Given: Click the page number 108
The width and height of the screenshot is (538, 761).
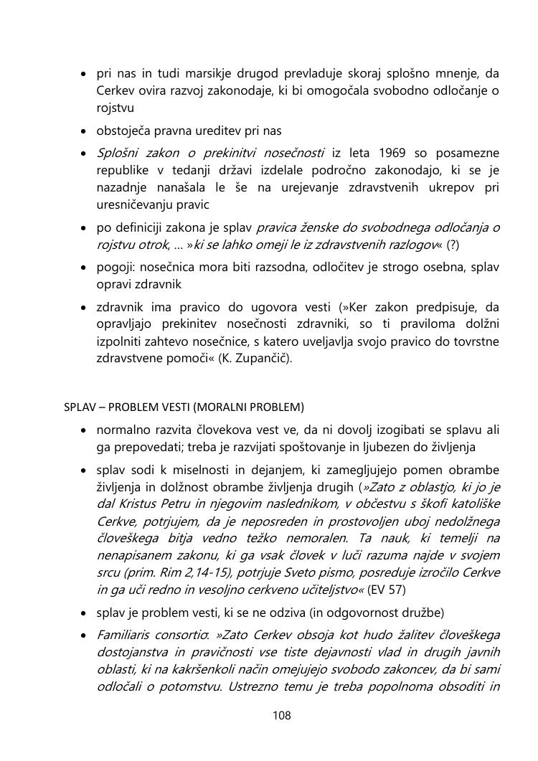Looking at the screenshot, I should click(281, 715).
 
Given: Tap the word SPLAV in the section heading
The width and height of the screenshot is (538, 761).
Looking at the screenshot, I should click(77, 407).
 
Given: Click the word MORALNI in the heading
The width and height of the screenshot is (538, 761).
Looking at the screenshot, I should click(210, 407).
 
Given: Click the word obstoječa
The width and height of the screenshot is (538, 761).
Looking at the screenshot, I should click(125, 131).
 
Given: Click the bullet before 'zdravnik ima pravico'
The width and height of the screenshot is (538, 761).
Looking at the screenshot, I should click(84, 307).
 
